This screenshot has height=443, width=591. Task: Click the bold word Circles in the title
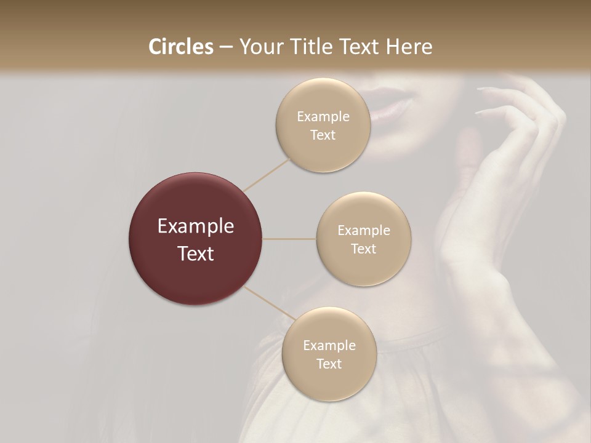pos(181,47)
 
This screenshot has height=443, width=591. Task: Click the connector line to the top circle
pos(267,174)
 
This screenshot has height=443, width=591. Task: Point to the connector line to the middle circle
pos(289,239)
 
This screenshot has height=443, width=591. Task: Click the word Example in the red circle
pos(195,226)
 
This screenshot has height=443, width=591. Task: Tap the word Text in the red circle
pos(195,253)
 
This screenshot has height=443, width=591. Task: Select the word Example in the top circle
pos(323,116)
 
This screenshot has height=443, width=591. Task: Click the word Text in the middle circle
pos(363,249)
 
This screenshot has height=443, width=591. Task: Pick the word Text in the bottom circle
pos(329,364)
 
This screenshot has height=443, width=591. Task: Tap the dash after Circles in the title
pos(226,47)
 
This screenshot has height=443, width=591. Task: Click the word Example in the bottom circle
pos(329,345)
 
